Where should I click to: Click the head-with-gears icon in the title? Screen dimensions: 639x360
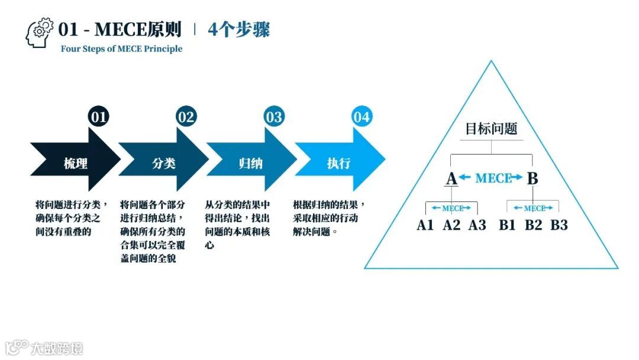pos(40,33)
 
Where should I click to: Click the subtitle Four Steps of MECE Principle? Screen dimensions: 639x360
pos(121,49)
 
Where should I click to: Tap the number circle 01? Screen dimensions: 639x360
pos(98,117)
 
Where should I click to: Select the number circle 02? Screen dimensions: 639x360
pos(186,117)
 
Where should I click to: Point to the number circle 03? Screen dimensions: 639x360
pos(273,117)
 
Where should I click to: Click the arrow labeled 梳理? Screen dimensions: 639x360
pos(73,163)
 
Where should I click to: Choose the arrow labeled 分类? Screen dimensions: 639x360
pos(162,163)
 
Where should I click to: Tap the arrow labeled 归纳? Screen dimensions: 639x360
pos(250,163)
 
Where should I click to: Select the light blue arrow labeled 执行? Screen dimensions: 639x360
pos(338,163)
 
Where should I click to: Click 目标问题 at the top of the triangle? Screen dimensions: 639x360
pos(491,128)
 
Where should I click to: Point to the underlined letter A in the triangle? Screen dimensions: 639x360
pos(451,178)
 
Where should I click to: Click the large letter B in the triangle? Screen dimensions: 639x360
pos(532,178)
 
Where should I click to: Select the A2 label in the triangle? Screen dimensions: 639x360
pos(451,225)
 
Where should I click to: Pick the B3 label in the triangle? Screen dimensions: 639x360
pos(559,225)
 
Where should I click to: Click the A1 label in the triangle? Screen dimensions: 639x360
pos(425,225)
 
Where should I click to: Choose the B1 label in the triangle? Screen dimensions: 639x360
pos(507,225)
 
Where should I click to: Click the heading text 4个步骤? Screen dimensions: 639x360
pos(239,29)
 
